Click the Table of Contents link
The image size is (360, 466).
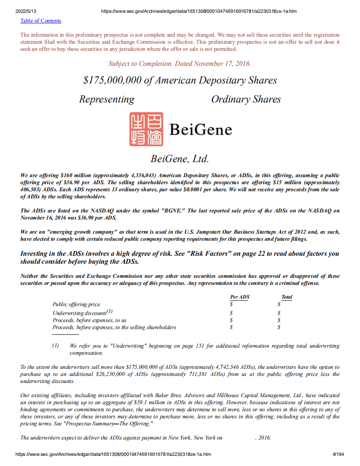pos(41,21)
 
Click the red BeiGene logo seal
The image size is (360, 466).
pos(146,129)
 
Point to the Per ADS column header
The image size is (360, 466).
pos(239,297)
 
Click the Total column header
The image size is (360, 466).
pos(287,297)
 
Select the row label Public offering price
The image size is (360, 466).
pos(76,304)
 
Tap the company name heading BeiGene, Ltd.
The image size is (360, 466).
pos(180,159)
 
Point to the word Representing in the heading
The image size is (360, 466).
pos(106,99)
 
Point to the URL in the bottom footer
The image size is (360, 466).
pos(113,454)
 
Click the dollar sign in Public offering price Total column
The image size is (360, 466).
pos(279,304)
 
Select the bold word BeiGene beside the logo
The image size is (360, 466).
pos(201,130)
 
